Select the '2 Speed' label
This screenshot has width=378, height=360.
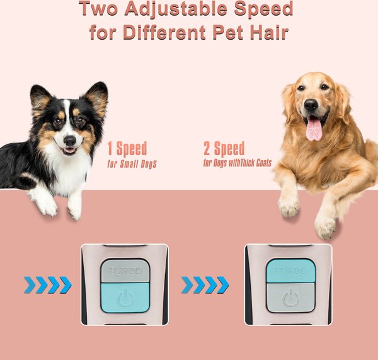(x=224, y=149)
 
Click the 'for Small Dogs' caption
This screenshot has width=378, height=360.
(x=132, y=165)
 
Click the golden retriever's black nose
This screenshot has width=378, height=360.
(x=311, y=105)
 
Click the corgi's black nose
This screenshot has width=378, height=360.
(x=69, y=138)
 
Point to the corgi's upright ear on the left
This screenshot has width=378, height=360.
(x=40, y=98)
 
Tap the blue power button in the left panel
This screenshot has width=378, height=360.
(x=125, y=297)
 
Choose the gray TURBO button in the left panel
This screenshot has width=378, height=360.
(x=125, y=270)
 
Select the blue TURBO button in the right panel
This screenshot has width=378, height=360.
(x=290, y=270)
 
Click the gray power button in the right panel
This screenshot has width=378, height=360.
(x=290, y=297)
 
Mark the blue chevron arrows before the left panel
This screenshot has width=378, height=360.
(x=48, y=285)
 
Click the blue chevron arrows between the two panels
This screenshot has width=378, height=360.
(x=205, y=285)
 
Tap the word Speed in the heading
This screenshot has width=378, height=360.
(x=258, y=9)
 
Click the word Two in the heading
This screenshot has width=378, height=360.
(x=101, y=9)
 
